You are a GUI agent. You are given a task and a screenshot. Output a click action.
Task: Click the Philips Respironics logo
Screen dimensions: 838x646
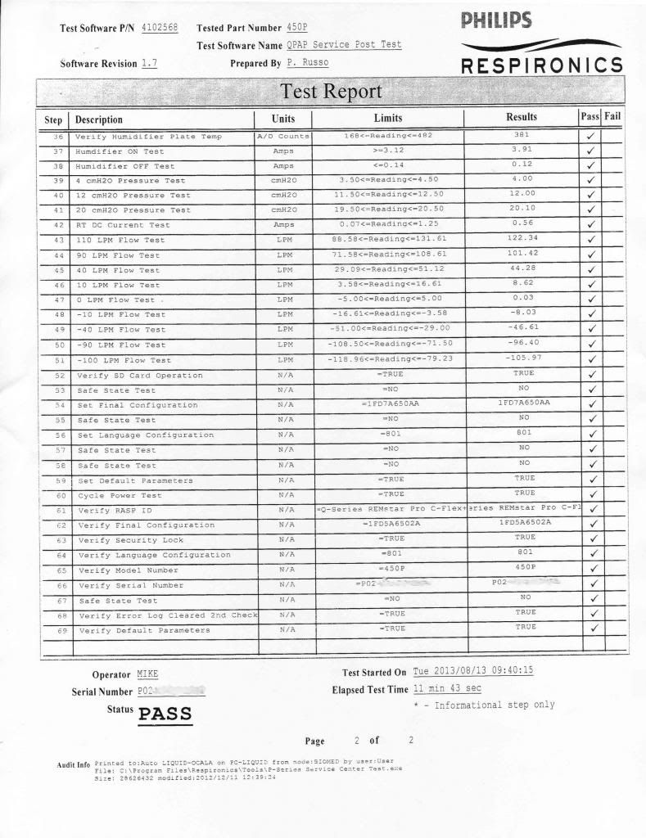[541, 43]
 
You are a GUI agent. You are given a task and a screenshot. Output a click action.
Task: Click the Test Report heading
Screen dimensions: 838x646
[331, 91]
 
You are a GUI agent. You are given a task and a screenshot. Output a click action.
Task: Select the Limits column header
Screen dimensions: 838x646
[387, 119]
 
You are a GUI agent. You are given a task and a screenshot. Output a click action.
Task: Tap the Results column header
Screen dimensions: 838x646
[522, 118]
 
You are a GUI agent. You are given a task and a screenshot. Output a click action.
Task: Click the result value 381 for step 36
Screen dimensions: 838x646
[522, 135]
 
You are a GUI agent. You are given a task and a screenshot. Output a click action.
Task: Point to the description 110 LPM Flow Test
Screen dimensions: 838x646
[120, 241]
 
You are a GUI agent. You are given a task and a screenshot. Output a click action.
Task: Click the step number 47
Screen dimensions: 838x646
[58, 300]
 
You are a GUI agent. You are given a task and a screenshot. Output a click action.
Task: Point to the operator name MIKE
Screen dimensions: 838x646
[147, 674]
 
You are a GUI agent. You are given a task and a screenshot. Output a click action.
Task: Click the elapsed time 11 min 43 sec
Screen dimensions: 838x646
[447, 689]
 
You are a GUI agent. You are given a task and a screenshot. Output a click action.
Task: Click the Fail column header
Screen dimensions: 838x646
[612, 117]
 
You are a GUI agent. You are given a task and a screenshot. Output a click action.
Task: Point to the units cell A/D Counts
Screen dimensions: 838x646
[283, 136]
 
